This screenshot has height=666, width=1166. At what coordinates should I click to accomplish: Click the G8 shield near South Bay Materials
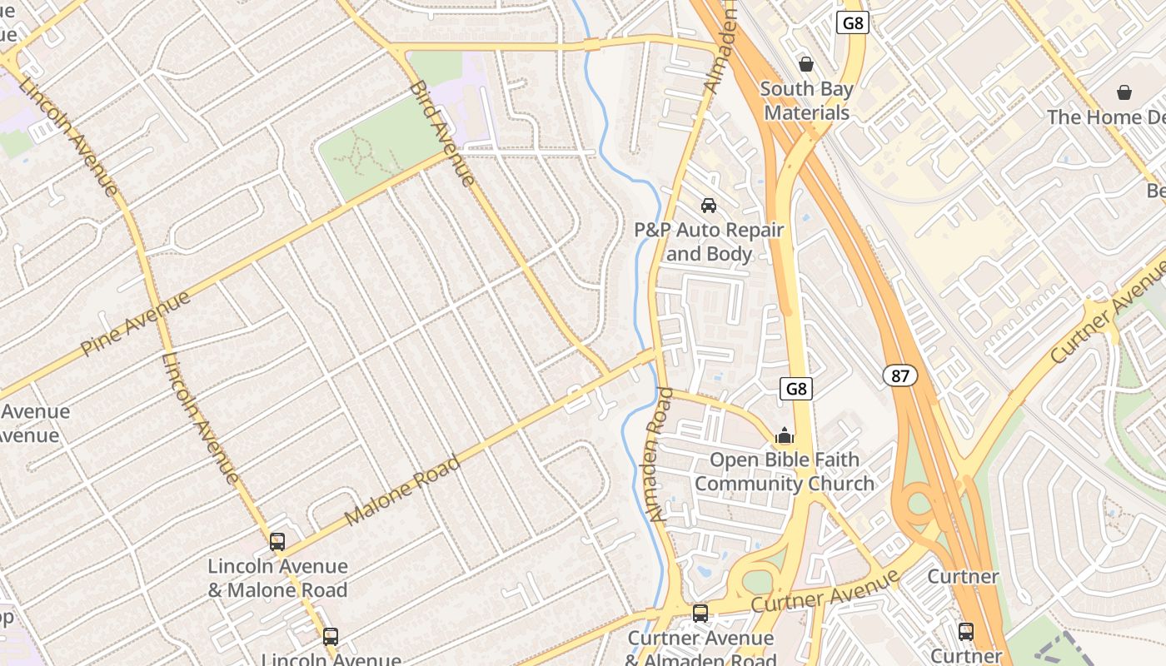click(853, 22)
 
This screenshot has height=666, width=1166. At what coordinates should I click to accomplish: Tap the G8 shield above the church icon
click(796, 388)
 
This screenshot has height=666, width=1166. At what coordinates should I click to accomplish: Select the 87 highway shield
click(900, 375)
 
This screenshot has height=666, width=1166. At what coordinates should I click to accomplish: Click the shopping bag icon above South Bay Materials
click(805, 64)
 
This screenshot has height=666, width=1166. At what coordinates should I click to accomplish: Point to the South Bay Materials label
click(806, 101)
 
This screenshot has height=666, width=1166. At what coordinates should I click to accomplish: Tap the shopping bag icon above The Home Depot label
click(1124, 92)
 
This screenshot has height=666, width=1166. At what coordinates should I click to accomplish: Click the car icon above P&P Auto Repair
click(709, 205)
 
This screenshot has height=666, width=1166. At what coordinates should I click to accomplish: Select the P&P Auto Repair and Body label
click(710, 241)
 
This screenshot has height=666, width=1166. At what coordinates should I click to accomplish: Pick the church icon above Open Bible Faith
click(784, 435)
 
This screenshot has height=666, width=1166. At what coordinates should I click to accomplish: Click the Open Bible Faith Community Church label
click(785, 471)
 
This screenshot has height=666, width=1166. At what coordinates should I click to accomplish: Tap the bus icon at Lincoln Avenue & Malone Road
click(277, 542)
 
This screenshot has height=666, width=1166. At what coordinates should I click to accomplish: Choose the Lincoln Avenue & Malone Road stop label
click(277, 578)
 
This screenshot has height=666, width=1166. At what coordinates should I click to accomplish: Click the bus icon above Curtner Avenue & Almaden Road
click(700, 614)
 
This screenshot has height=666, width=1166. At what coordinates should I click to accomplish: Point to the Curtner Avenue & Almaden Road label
click(700, 649)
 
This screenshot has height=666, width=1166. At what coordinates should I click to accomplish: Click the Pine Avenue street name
click(136, 323)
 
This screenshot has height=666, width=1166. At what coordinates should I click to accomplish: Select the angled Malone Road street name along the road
click(402, 490)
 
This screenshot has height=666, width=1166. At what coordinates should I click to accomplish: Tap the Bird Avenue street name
click(441, 133)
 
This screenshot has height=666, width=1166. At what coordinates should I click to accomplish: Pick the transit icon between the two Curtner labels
click(965, 631)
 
